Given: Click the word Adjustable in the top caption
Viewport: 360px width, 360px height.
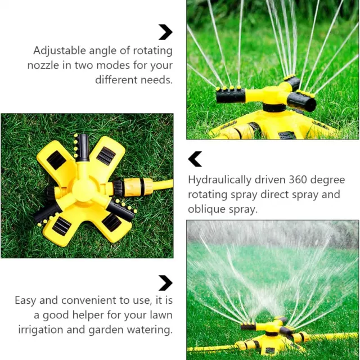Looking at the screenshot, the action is [x=60, y=51].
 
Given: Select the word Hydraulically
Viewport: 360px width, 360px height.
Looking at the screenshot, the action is [x=220, y=180].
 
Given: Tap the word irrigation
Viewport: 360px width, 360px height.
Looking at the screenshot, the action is [x=41, y=330].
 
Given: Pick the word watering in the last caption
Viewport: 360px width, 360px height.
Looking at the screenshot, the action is [x=150, y=330].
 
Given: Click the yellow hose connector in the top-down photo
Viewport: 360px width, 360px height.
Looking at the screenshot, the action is [x=138, y=187].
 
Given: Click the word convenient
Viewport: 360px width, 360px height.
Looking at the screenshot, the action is [x=89, y=300].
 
